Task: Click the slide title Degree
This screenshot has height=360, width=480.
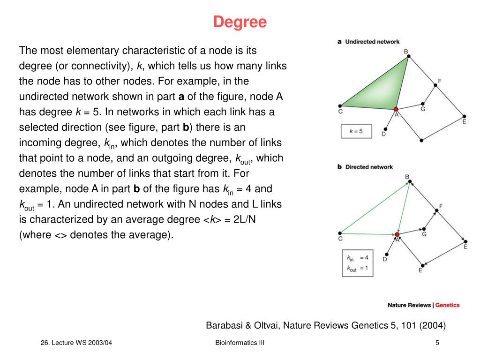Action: [240, 22]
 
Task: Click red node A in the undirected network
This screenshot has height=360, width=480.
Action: [396, 109]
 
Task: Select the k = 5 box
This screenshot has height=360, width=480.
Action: [356, 131]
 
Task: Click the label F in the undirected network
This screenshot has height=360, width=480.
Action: [439, 81]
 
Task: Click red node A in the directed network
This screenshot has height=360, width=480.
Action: [397, 234]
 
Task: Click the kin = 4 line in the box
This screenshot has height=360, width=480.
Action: [357, 257]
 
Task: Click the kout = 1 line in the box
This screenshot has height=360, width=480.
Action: [357, 269]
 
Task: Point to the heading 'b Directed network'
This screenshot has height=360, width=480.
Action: [365, 167]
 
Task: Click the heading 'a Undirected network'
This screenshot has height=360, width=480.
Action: [368, 42]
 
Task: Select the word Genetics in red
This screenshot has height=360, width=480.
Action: [448, 305]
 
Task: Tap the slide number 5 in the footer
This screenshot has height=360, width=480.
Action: [437, 343]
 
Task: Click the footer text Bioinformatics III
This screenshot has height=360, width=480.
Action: [240, 343]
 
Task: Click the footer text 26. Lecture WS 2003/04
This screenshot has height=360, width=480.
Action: [76, 343]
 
